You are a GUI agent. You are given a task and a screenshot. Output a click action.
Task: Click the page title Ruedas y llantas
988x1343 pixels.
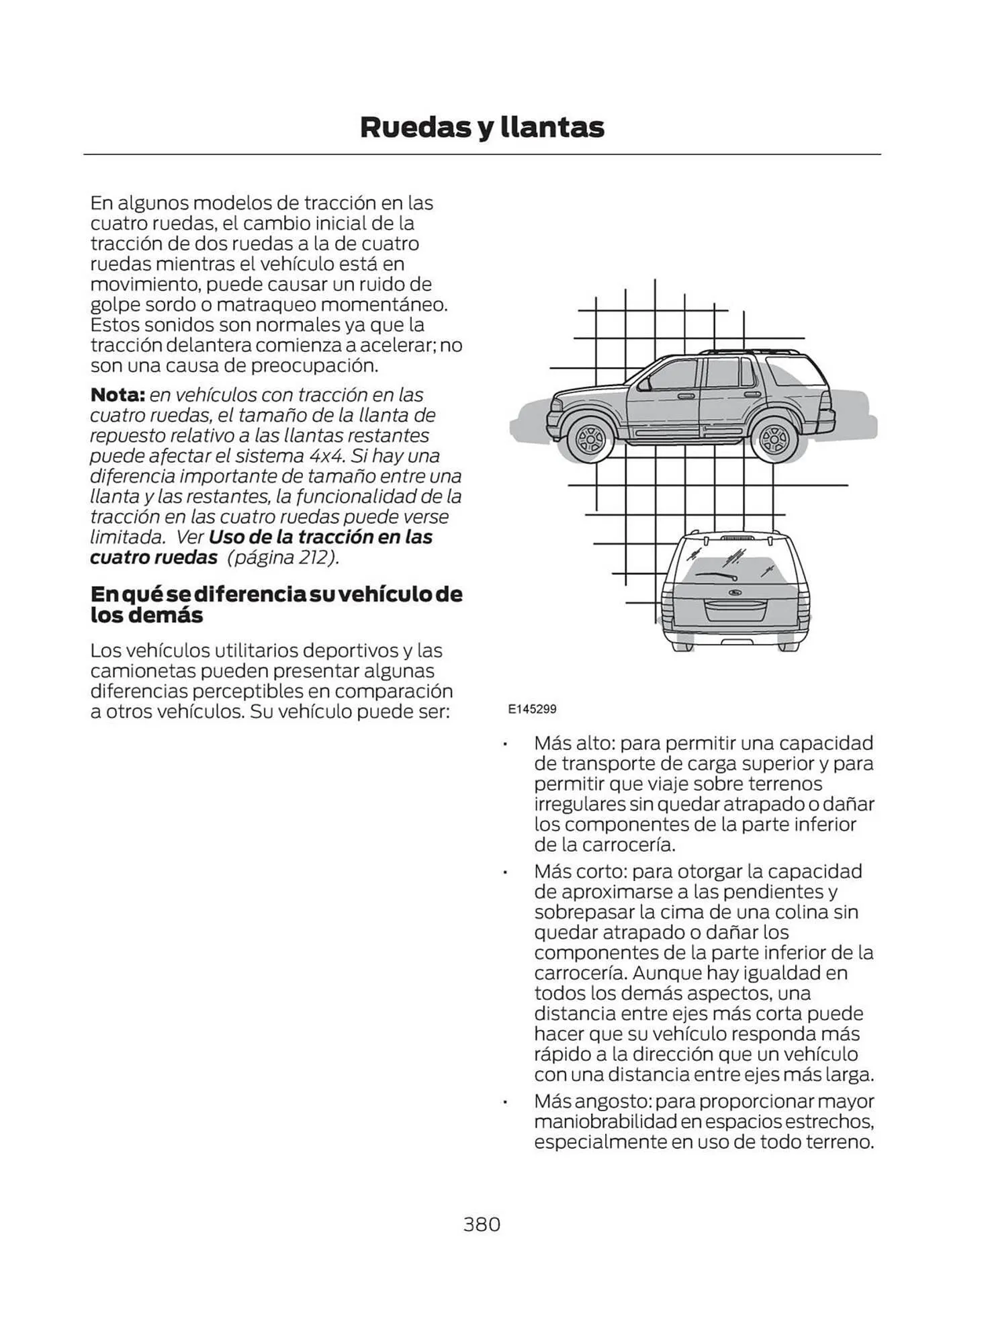pos(482,127)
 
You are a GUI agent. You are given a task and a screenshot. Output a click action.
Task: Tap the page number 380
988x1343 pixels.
pos(482,1224)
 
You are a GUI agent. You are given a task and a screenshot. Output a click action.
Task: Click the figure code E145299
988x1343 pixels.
pos(532,708)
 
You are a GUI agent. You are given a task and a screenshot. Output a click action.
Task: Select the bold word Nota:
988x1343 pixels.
pos(117,394)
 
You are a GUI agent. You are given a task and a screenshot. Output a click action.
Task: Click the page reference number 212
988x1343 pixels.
pos(312,557)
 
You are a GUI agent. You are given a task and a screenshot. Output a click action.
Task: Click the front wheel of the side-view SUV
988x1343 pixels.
pos(590,441)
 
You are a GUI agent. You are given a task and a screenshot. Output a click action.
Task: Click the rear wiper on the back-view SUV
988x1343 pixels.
pos(716,575)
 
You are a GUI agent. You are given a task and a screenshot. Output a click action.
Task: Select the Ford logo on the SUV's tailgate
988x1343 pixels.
pos(735,592)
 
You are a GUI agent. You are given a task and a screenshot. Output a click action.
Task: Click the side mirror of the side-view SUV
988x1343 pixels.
pos(644,384)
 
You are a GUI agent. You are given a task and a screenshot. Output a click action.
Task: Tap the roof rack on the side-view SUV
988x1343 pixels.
pos(750,351)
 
